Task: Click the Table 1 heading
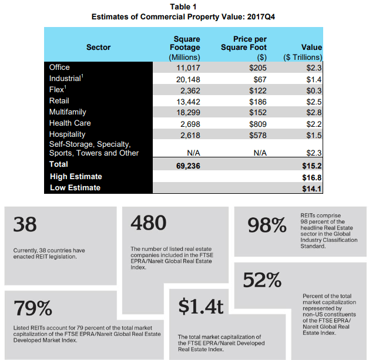(x=184, y=6)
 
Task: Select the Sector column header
(x=98, y=48)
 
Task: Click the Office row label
(x=59, y=68)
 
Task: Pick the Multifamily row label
(x=68, y=112)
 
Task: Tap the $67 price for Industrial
(x=259, y=79)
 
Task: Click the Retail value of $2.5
(x=313, y=102)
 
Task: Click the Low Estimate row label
(x=75, y=188)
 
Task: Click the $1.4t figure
(x=201, y=308)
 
